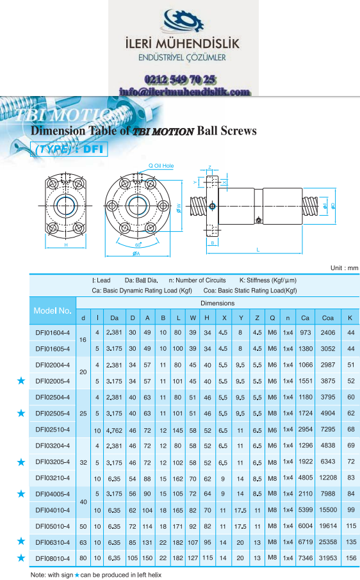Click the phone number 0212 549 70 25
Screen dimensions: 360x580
pyautogui.click(x=180, y=79)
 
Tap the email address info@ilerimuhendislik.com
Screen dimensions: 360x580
pyautogui.click(x=184, y=92)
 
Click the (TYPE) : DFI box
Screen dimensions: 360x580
pyautogui.click(x=69, y=149)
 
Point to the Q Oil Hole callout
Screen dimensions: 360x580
pyautogui.click(x=161, y=166)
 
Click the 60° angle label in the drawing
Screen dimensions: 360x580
pyautogui.click(x=138, y=245)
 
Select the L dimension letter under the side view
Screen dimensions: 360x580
pyautogui.click(x=258, y=250)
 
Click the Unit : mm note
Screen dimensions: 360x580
pyautogui.click(x=344, y=268)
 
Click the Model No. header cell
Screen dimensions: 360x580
pyautogui.click(x=53, y=310)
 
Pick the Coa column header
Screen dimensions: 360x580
pyautogui.click(x=328, y=318)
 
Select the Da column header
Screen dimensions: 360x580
pyautogui.click(x=114, y=318)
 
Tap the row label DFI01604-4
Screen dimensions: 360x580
pyautogui.click(x=53, y=332)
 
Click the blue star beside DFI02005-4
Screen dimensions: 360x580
pyautogui.click(x=21, y=381)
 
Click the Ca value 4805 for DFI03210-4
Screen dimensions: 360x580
pyautogui.click(x=306, y=478)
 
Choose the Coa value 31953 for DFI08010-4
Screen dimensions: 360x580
pyautogui.click(x=328, y=558)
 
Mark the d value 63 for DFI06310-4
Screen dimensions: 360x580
pyautogui.click(x=83, y=542)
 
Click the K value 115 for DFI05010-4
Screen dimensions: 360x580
pyautogui.click(x=351, y=526)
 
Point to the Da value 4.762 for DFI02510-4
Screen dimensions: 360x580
pyautogui.click(x=114, y=430)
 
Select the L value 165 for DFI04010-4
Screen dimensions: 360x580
pyautogui.click(x=178, y=510)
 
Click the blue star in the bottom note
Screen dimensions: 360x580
pyautogui.click(x=77, y=575)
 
